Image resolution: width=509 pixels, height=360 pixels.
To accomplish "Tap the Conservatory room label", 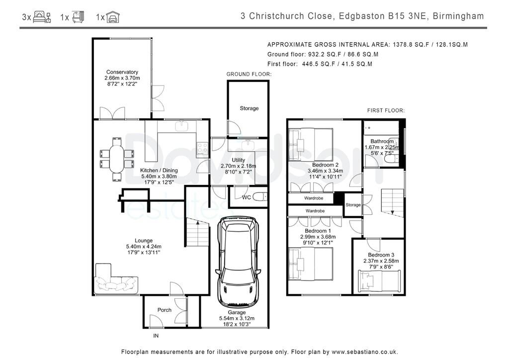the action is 122,72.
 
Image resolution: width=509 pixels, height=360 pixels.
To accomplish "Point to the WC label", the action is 247,197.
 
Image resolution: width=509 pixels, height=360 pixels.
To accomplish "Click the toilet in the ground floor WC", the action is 259,197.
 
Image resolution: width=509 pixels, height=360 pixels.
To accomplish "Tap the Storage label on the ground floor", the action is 250,108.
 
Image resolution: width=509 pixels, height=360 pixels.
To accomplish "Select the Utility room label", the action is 238,160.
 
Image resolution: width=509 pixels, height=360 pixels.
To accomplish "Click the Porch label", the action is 164,310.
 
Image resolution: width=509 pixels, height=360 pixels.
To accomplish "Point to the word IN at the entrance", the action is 156,336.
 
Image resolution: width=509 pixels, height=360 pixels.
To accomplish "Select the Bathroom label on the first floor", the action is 382,141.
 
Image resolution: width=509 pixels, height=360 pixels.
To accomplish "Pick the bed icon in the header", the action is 42,16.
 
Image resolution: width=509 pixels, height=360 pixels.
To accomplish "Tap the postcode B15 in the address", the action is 396,16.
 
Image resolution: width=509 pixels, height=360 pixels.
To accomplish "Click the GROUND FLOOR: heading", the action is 249,75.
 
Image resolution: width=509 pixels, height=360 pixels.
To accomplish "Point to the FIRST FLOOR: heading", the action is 386,111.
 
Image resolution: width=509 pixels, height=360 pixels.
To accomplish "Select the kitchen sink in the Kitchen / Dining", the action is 182,126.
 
